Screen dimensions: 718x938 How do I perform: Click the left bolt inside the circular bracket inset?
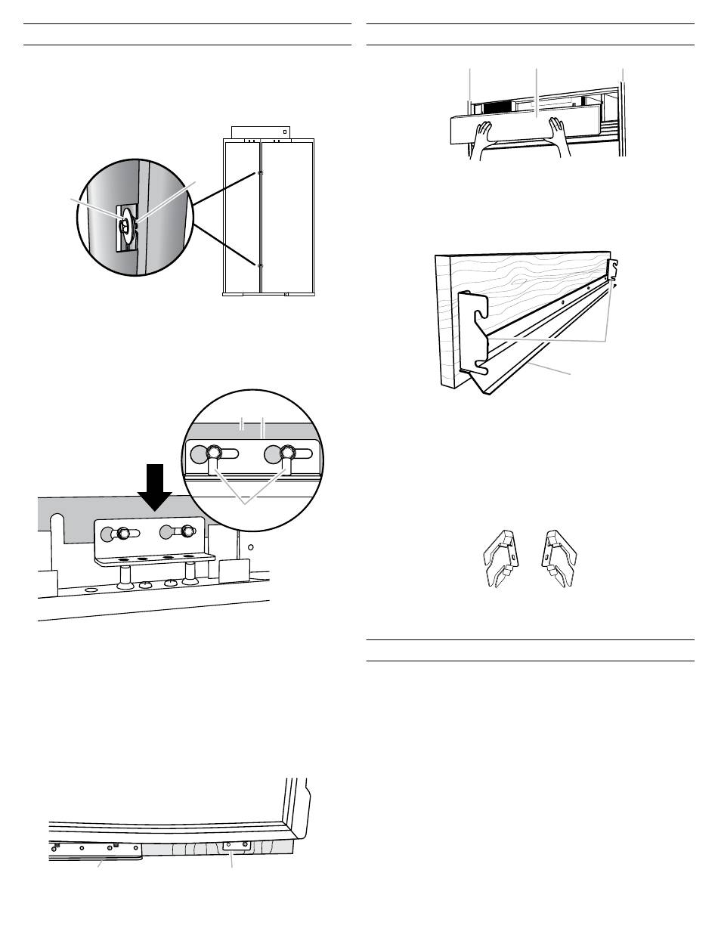click(214, 454)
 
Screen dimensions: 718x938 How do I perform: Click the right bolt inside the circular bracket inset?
click(286, 454)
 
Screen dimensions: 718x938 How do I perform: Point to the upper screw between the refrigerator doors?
click(260, 173)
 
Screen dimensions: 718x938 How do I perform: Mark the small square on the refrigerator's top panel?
click(286, 128)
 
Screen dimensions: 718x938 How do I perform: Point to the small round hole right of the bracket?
click(252, 545)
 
